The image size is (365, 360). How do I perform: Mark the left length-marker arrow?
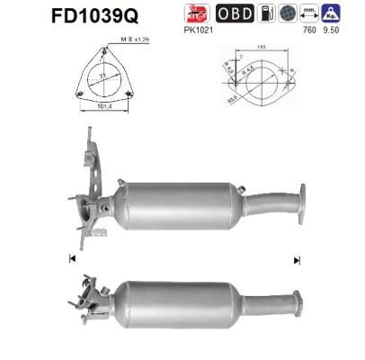(69, 259)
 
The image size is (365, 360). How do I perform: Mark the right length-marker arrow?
(296, 259)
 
